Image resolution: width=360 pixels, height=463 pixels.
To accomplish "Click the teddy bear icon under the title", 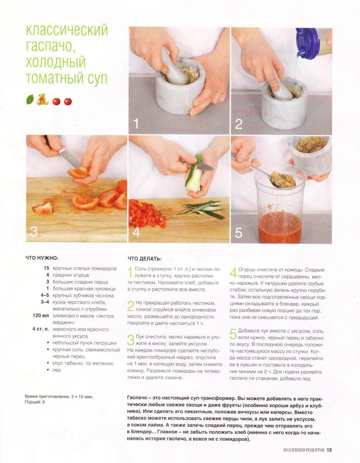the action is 42,99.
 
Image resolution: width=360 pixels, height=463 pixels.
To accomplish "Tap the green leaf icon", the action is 30,100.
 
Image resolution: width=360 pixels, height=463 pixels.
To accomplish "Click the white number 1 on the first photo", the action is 136,123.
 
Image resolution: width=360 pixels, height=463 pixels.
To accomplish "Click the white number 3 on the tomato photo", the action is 34,231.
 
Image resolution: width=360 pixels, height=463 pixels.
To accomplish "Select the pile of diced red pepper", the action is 147,213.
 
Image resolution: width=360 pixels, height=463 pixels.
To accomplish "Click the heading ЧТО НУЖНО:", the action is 42,258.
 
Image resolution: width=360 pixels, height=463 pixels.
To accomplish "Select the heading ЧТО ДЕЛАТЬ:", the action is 145,259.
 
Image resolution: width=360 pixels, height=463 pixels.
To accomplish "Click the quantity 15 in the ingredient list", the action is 46,268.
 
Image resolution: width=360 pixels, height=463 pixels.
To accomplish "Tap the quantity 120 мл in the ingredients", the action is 41,316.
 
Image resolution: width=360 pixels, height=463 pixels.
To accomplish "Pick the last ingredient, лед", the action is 56,370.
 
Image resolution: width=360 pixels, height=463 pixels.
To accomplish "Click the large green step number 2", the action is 131,306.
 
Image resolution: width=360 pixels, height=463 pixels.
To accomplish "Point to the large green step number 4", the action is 234,273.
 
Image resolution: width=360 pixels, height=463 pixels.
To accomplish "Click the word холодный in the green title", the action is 56,62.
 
